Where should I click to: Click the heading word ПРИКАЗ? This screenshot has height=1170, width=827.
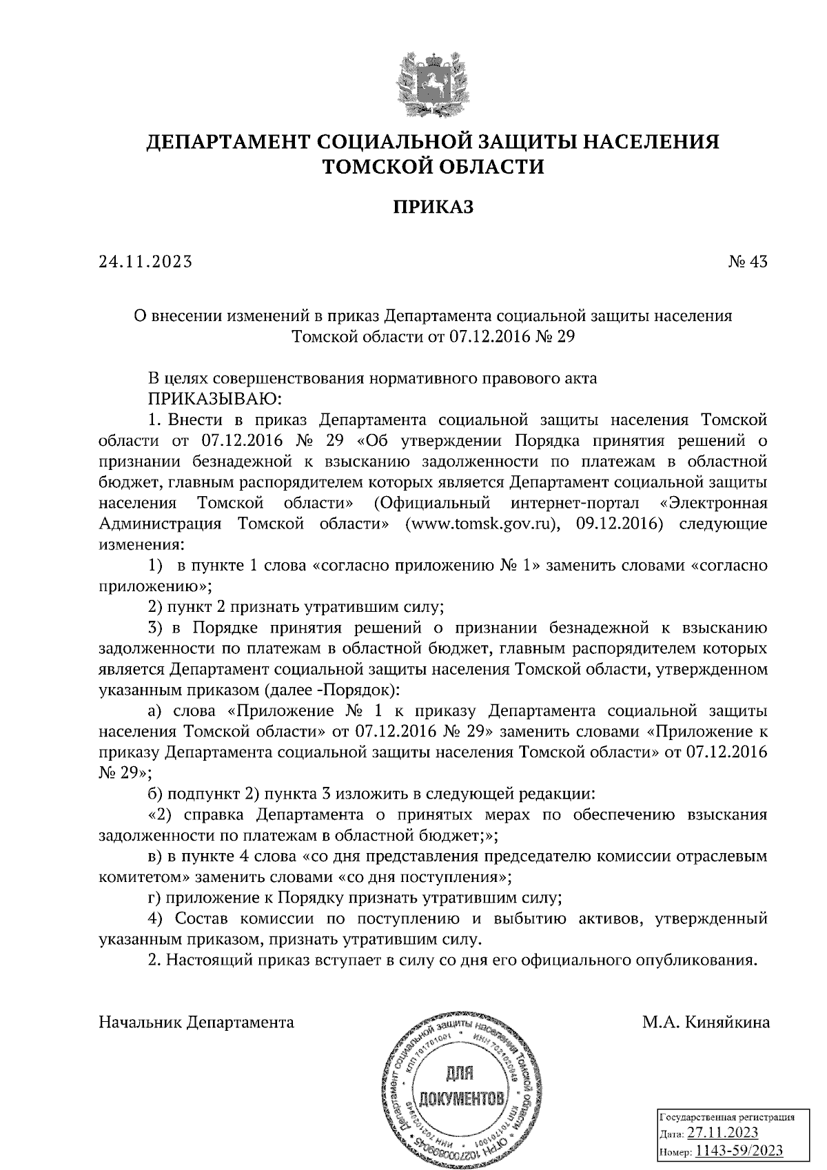pos(433,206)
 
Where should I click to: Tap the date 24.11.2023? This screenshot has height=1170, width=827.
pos(145,262)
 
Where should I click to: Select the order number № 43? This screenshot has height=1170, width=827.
pos(747,262)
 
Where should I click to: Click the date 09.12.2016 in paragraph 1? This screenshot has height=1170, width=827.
pos(619,524)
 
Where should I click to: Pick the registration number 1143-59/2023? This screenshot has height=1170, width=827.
pos(739,1151)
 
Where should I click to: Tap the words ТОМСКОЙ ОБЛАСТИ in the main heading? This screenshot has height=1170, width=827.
pos(433,167)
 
